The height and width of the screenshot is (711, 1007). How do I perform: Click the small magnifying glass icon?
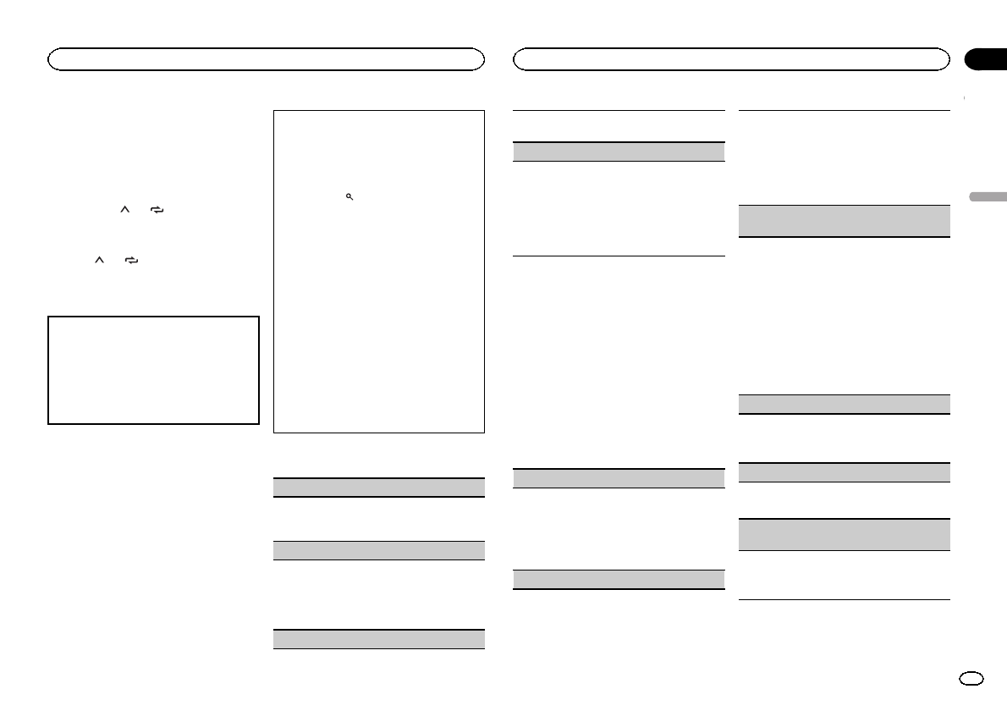(349, 196)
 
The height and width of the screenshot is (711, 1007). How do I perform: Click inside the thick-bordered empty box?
(153, 370)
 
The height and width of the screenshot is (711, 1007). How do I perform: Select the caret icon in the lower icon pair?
(100, 262)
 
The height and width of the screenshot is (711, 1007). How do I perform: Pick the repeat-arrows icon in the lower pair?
(130, 262)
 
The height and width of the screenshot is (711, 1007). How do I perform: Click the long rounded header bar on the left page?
(266, 58)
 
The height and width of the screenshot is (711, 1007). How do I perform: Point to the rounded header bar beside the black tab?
(732, 58)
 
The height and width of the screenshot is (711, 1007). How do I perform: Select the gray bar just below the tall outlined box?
(379, 488)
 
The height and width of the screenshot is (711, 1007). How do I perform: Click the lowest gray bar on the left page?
(379, 639)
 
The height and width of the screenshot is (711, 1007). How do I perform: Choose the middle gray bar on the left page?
(379, 550)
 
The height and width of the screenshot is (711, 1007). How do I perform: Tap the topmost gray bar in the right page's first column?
(619, 152)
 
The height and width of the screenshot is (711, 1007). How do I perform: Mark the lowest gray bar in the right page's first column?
(619, 579)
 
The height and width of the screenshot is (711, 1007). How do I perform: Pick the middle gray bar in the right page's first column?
(619, 478)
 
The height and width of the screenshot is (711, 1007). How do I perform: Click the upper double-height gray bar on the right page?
(845, 221)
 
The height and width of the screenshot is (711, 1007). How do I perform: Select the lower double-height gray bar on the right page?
(845, 535)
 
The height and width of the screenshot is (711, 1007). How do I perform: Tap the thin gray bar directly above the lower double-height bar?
(845, 472)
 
